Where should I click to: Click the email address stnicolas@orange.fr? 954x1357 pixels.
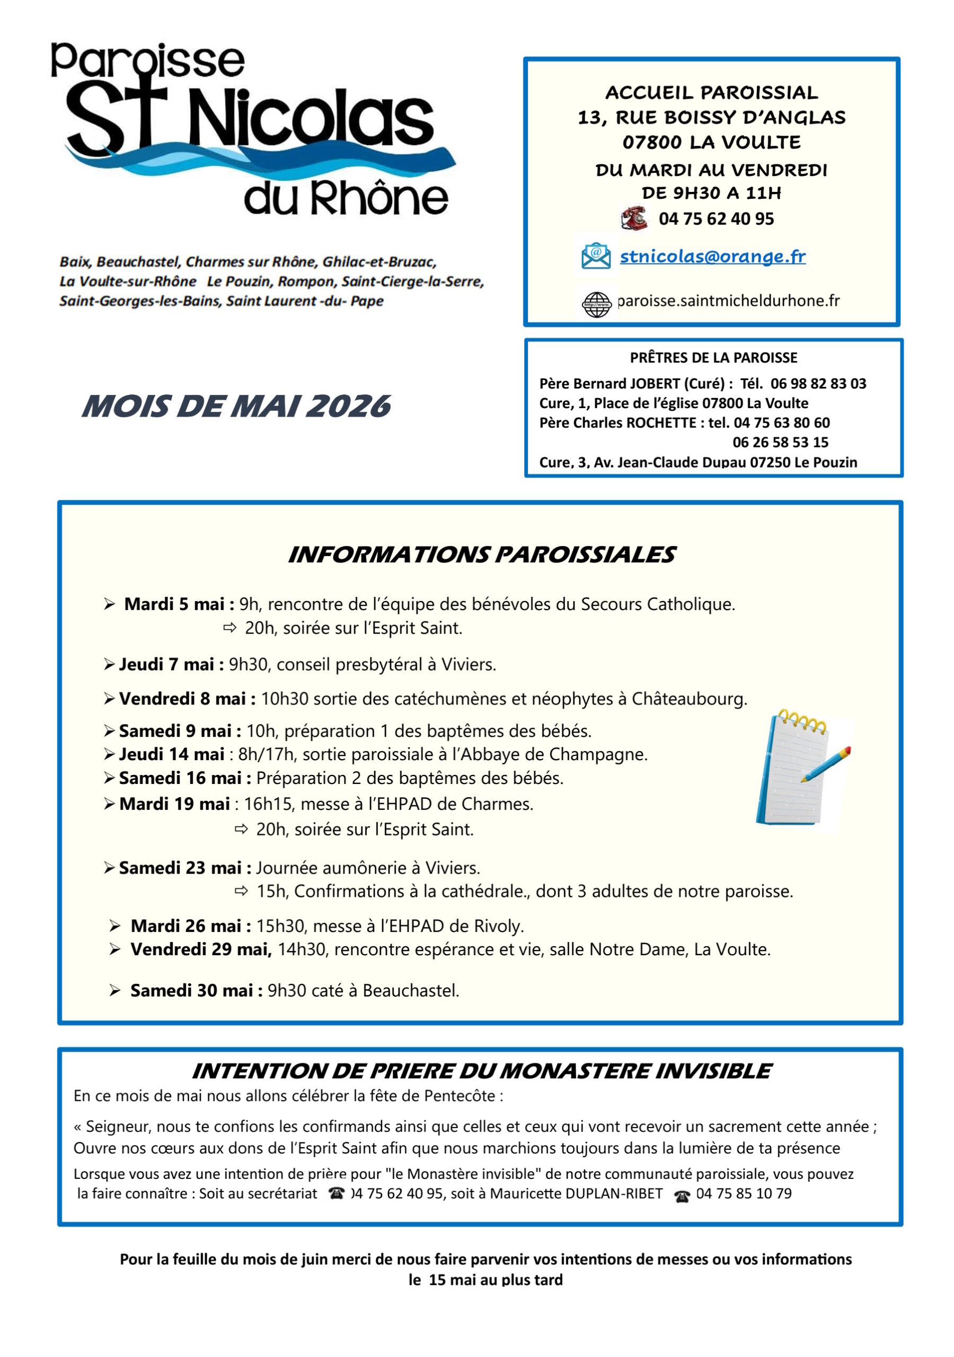coord(712,257)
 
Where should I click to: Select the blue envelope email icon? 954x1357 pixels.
coord(596,256)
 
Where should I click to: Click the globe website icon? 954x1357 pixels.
coord(596,304)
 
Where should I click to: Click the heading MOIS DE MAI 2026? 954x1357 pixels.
coord(236,407)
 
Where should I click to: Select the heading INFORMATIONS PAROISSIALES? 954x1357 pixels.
coord(481,555)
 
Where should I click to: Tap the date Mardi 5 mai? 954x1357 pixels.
coord(179,604)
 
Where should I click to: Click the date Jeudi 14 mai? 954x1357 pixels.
coord(171,754)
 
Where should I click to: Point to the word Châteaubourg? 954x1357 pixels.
coord(688,699)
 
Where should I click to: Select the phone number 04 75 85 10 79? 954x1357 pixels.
coord(744,1193)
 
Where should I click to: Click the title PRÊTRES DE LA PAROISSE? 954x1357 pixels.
coord(713,358)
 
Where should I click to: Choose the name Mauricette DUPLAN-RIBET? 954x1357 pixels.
coord(576,1193)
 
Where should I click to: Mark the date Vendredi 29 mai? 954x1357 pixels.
coord(200,949)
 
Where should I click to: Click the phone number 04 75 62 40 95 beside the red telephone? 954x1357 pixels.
coord(716,219)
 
